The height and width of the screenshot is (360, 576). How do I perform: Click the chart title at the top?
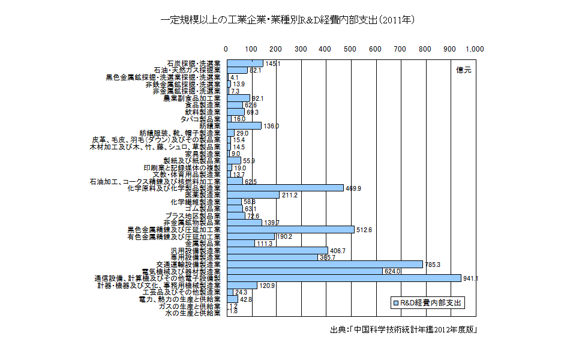click(x=287, y=20)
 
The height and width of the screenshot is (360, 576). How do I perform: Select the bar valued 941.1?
click(x=344, y=278)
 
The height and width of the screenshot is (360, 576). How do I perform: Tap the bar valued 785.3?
click(x=325, y=264)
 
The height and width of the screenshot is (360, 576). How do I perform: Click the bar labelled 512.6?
click(x=290, y=229)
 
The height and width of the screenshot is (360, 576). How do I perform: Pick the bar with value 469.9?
click(x=285, y=188)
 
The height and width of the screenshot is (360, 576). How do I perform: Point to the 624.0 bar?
click(x=304, y=271)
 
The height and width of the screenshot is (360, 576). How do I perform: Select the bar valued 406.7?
click(x=277, y=250)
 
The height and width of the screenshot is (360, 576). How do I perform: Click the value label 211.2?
click(x=290, y=195)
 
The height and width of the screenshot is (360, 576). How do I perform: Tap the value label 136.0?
click(x=271, y=125)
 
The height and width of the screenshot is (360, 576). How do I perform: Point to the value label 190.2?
click(x=284, y=236)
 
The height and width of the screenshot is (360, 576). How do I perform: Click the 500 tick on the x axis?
click(x=350, y=49)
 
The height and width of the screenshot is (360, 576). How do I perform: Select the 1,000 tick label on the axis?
click(x=474, y=49)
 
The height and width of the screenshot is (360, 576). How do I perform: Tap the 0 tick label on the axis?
click(x=226, y=49)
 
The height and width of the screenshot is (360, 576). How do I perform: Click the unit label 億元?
click(x=463, y=70)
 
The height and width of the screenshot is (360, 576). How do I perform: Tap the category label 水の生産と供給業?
click(x=193, y=313)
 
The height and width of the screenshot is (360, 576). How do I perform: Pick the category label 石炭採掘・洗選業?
click(x=193, y=63)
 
